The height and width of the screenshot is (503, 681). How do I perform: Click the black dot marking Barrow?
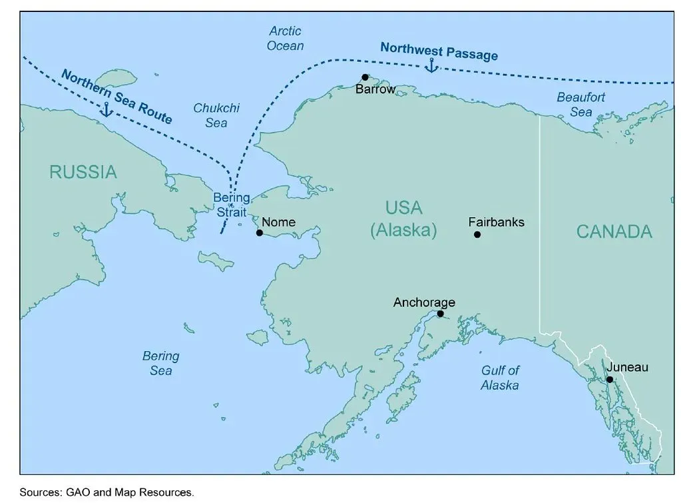[365, 77]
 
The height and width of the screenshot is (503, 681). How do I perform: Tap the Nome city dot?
[260, 233]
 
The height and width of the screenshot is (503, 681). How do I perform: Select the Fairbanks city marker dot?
[477, 235]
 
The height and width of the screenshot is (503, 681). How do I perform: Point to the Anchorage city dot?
[440, 314]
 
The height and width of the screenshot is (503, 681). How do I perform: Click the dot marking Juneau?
[609, 380]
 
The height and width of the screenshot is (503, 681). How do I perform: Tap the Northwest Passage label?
[439, 51]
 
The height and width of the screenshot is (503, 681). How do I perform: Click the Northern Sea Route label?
[116, 96]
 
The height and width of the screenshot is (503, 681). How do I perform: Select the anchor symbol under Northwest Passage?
[431, 66]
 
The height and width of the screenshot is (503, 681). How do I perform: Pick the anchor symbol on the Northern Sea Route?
[106, 110]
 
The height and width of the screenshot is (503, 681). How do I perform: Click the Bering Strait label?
[231, 205]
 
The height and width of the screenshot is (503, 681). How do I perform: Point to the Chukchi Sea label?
[216, 115]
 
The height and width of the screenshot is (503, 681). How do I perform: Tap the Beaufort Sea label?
[581, 105]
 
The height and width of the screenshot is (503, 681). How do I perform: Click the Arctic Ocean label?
[285, 39]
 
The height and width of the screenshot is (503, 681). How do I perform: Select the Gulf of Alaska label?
[500, 378]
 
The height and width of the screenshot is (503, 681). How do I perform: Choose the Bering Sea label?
[160, 363]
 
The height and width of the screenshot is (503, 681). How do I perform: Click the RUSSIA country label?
[83, 173]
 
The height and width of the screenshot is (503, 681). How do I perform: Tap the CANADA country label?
[614, 232]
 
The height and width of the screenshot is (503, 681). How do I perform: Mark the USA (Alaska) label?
[404, 219]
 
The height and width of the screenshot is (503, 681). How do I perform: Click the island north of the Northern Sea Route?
[113, 78]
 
